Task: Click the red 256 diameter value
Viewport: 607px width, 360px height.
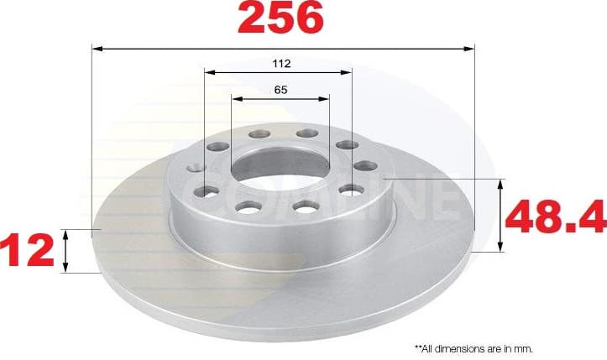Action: [x=281, y=18]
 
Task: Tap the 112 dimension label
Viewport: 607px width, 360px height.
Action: [x=281, y=63]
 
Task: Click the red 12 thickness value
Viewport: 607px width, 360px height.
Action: [x=25, y=251]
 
